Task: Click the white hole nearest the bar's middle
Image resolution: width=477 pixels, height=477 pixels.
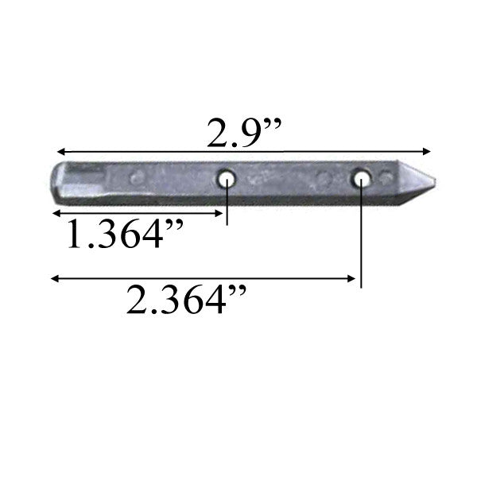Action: [227, 179]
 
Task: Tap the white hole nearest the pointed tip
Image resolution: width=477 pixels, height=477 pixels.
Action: [362, 177]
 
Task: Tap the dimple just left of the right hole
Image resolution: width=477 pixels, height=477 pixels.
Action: [322, 176]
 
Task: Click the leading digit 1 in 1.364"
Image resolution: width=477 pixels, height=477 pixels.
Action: [73, 235]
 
